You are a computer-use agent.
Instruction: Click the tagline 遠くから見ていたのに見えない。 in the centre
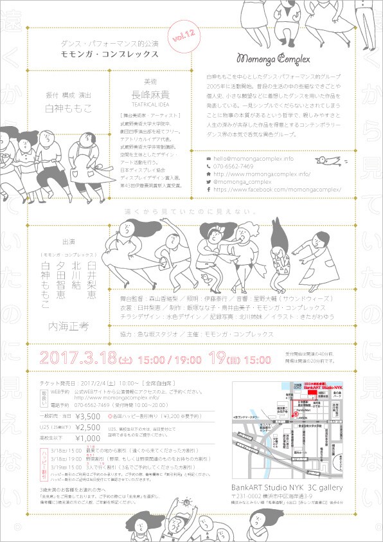tap(191, 211)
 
